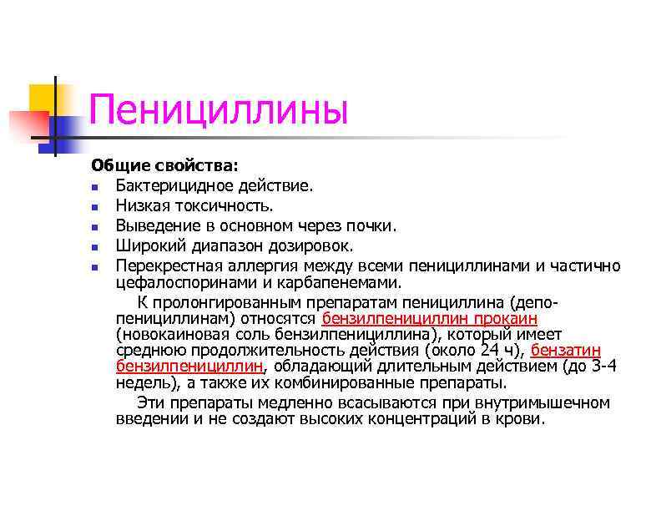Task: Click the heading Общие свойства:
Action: coord(153,165)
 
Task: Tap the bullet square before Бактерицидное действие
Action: coord(97,185)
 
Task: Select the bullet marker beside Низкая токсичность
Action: coord(97,205)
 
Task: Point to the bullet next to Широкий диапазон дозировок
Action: coord(97,247)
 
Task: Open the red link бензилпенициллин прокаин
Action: coord(429,318)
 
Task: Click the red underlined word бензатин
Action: coord(566,350)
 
